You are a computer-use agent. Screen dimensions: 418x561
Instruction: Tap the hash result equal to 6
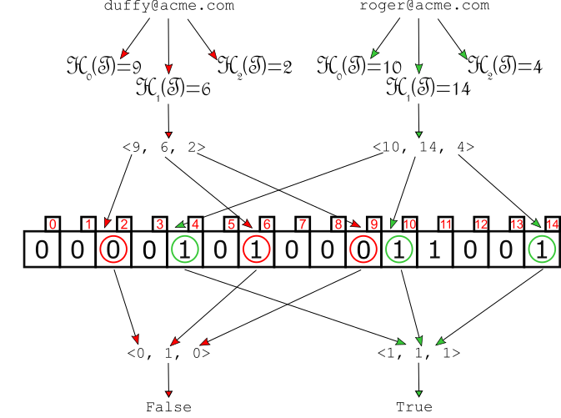[x=173, y=88]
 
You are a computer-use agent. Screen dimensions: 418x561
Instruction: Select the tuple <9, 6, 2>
[x=163, y=147]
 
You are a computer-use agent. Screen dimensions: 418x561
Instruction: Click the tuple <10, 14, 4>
[x=423, y=147]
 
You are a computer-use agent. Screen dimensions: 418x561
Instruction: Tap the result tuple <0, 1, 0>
[x=168, y=353]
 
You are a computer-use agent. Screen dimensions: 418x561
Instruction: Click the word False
[x=168, y=407]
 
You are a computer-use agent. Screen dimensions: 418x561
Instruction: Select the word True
[x=414, y=407]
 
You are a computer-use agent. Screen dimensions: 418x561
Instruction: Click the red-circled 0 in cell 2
[x=113, y=250]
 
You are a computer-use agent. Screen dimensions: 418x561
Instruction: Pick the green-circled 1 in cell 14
[x=541, y=250]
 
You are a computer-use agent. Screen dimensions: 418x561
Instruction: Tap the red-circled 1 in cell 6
[x=256, y=250]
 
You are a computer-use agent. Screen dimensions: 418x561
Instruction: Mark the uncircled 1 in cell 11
[x=434, y=250]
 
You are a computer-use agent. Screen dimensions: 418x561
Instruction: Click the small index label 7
[x=303, y=224]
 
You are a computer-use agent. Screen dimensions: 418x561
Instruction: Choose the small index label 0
[x=53, y=224]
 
